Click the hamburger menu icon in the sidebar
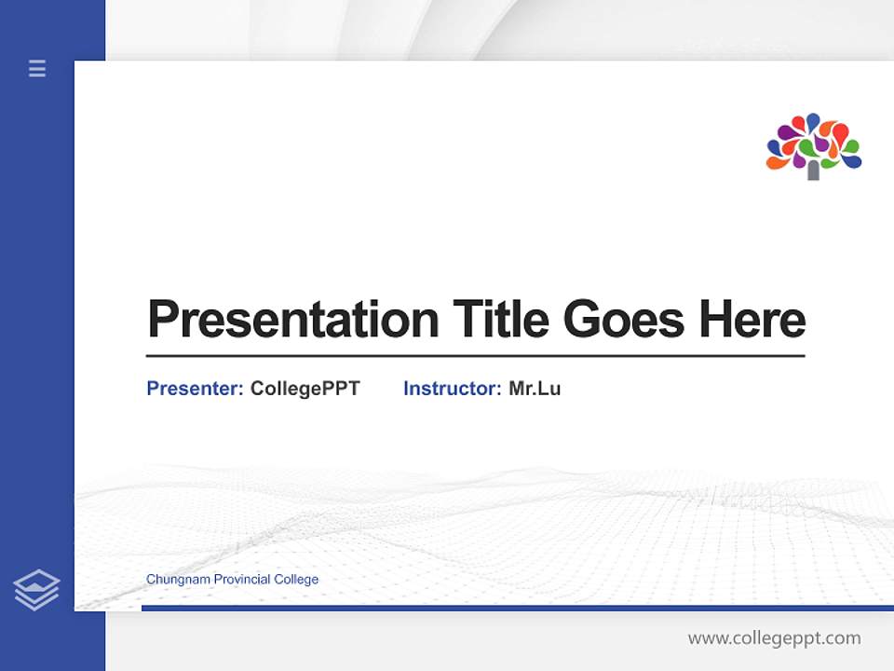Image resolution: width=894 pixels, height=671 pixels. tap(37, 68)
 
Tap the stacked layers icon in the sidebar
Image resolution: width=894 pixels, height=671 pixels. tap(36, 590)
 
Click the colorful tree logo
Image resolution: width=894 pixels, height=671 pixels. tap(813, 145)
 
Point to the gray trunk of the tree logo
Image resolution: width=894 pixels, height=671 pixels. tap(813, 170)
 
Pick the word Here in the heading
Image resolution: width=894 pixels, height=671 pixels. tap(752, 320)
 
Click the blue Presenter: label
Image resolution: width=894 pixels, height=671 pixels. tap(195, 389)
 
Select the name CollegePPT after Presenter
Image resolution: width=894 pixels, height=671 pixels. tap(305, 389)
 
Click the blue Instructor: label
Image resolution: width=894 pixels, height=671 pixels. tap(452, 389)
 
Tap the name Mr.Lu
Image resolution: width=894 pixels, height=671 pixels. tap(535, 389)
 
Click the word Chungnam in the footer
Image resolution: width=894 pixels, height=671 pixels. tap(178, 580)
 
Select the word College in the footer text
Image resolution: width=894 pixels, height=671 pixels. tap(296, 580)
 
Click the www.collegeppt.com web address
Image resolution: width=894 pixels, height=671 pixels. tap(774, 638)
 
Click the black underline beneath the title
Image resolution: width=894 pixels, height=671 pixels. tap(475, 355)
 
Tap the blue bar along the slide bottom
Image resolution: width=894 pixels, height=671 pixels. tap(512, 608)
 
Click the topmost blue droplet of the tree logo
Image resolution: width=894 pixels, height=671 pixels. tap(813, 121)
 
